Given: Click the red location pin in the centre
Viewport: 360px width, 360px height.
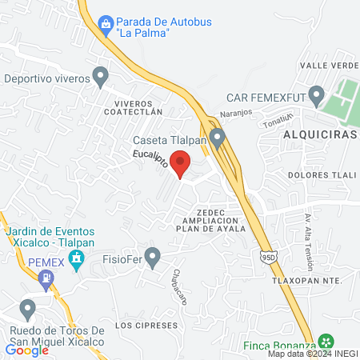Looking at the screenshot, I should (x=182, y=163).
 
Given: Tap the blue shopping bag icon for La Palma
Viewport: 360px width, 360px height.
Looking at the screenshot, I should (x=106, y=25).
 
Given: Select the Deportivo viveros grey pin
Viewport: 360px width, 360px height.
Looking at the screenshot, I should (x=100, y=78).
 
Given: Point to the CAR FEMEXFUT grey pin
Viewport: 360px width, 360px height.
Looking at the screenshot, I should (x=317, y=97).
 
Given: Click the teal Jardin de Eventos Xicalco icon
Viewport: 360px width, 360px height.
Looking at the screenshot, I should (x=77, y=258).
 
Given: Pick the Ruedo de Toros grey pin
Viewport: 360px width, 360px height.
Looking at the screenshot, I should (x=28, y=308).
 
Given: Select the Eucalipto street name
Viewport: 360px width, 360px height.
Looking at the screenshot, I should (x=150, y=156).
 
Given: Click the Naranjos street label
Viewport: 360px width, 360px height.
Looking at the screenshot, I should (x=236, y=114).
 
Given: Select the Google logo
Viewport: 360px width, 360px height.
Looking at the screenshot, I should (x=27, y=350).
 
